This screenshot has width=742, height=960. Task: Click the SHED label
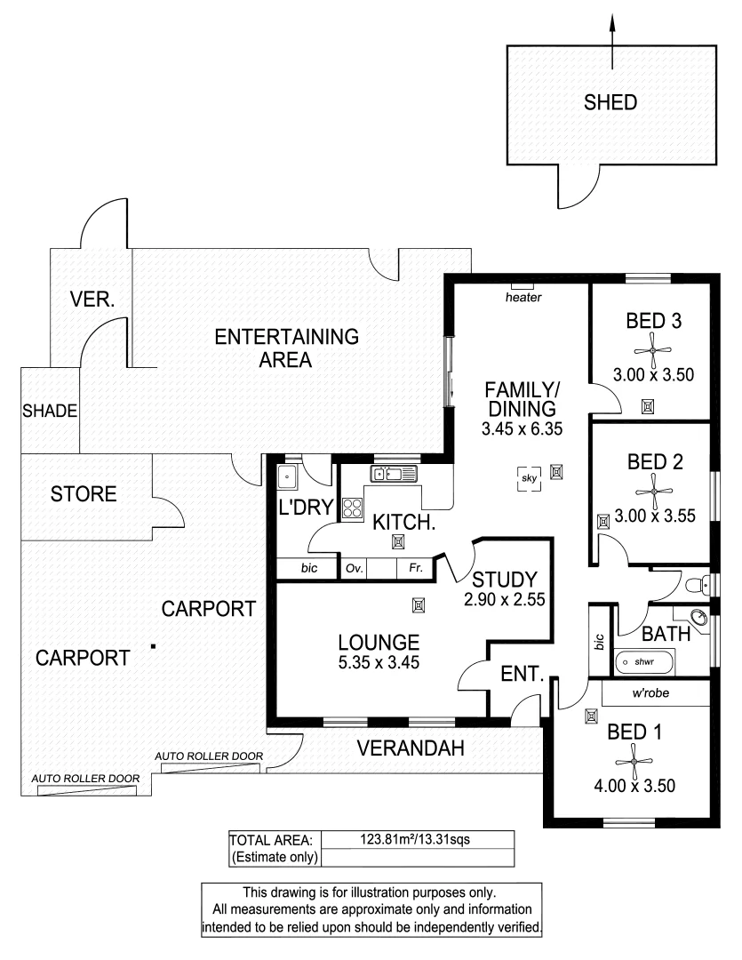[x=610, y=102]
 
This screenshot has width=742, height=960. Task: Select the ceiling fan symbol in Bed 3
[x=653, y=349]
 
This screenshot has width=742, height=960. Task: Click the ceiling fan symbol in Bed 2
[x=653, y=491]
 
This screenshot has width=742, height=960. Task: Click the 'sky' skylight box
[x=530, y=479]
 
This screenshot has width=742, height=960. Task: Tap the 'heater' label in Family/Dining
[x=523, y=298]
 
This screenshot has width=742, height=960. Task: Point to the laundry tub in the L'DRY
[x=288, y=477]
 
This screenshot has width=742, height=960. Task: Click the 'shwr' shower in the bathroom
[x=642, y=661]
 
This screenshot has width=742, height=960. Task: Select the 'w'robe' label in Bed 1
[x=650, y=692]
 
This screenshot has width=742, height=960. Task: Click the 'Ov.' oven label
[x=354, y=568]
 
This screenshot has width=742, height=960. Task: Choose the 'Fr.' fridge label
[x=415, y=568]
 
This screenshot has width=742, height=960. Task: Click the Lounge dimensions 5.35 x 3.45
[x=379, y=662]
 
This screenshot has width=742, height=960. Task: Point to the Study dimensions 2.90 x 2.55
[x=503, y=600]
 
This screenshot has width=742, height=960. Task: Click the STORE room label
[x=84, y=494]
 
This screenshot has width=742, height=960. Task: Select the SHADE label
[x=50, y=412]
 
